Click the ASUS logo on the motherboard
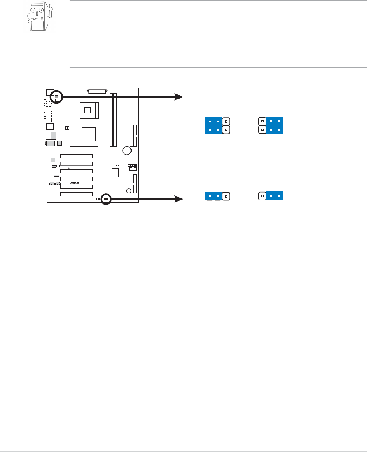[x=75, y=183]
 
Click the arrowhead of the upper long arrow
[x=180, y=97]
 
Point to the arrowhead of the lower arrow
[x=180, y=199]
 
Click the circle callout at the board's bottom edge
[x=106, y=199]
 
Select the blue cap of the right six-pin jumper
[x=275, y=126]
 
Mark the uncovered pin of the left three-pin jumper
[x=226, y=196]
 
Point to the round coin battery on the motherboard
[x=126, y=151]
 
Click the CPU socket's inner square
[x=87, y=110]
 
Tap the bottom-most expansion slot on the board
[x=76, y=194]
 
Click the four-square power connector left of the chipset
[x=67, y=129]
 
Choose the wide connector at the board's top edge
[x=97, y=91]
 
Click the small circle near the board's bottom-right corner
[x=129, y=191]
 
